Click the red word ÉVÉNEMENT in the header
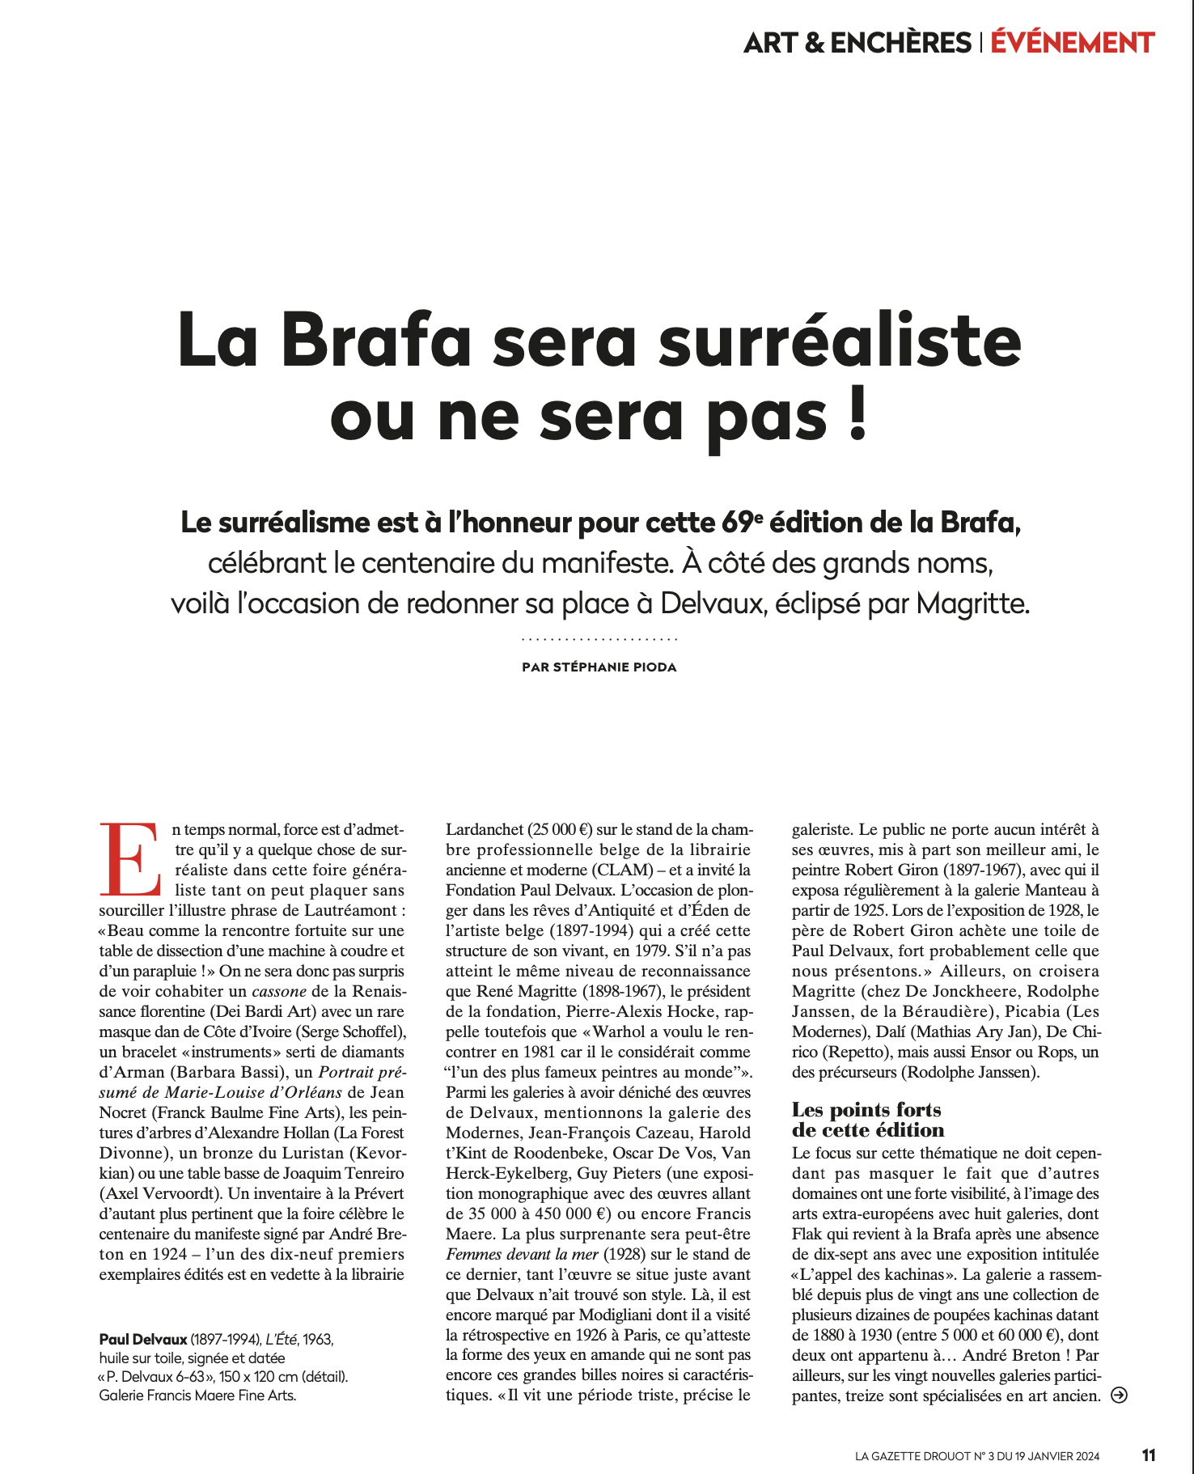pos(1072,43)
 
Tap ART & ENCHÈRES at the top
pos(857,43)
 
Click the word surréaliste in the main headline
pos(840,341)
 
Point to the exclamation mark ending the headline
pos(859,414)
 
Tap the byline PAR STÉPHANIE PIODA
pos(599,667)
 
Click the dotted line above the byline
pos(599,640)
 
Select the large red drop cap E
pos(129,859)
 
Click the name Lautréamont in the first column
pos(350,911)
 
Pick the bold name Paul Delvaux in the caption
pos(143,1340)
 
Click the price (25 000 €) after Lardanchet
pos(561,830)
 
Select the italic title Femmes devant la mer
pos(522,1255)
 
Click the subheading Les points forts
pos(866,1110)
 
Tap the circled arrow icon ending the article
pos(1120,1395)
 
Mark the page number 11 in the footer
pos(1149,1455)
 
